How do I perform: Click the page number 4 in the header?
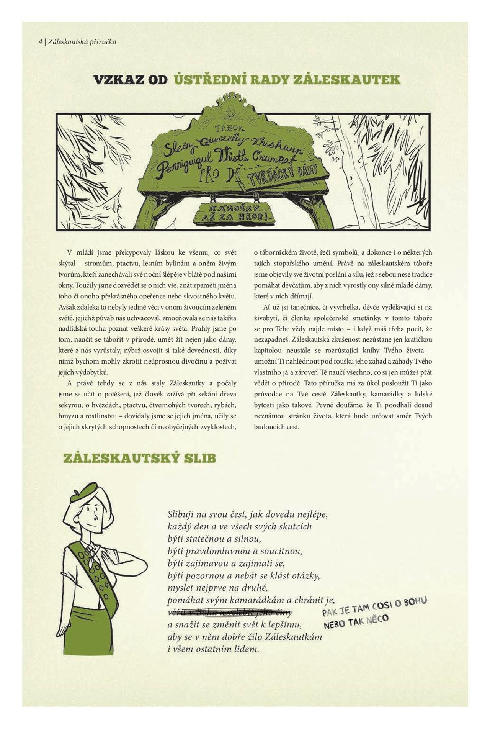tap(40, 42)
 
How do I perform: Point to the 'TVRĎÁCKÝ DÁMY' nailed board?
tap(283, 176)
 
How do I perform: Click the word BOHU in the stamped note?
tap(415, 602)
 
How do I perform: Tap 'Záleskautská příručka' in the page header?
tap(82, 42)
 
